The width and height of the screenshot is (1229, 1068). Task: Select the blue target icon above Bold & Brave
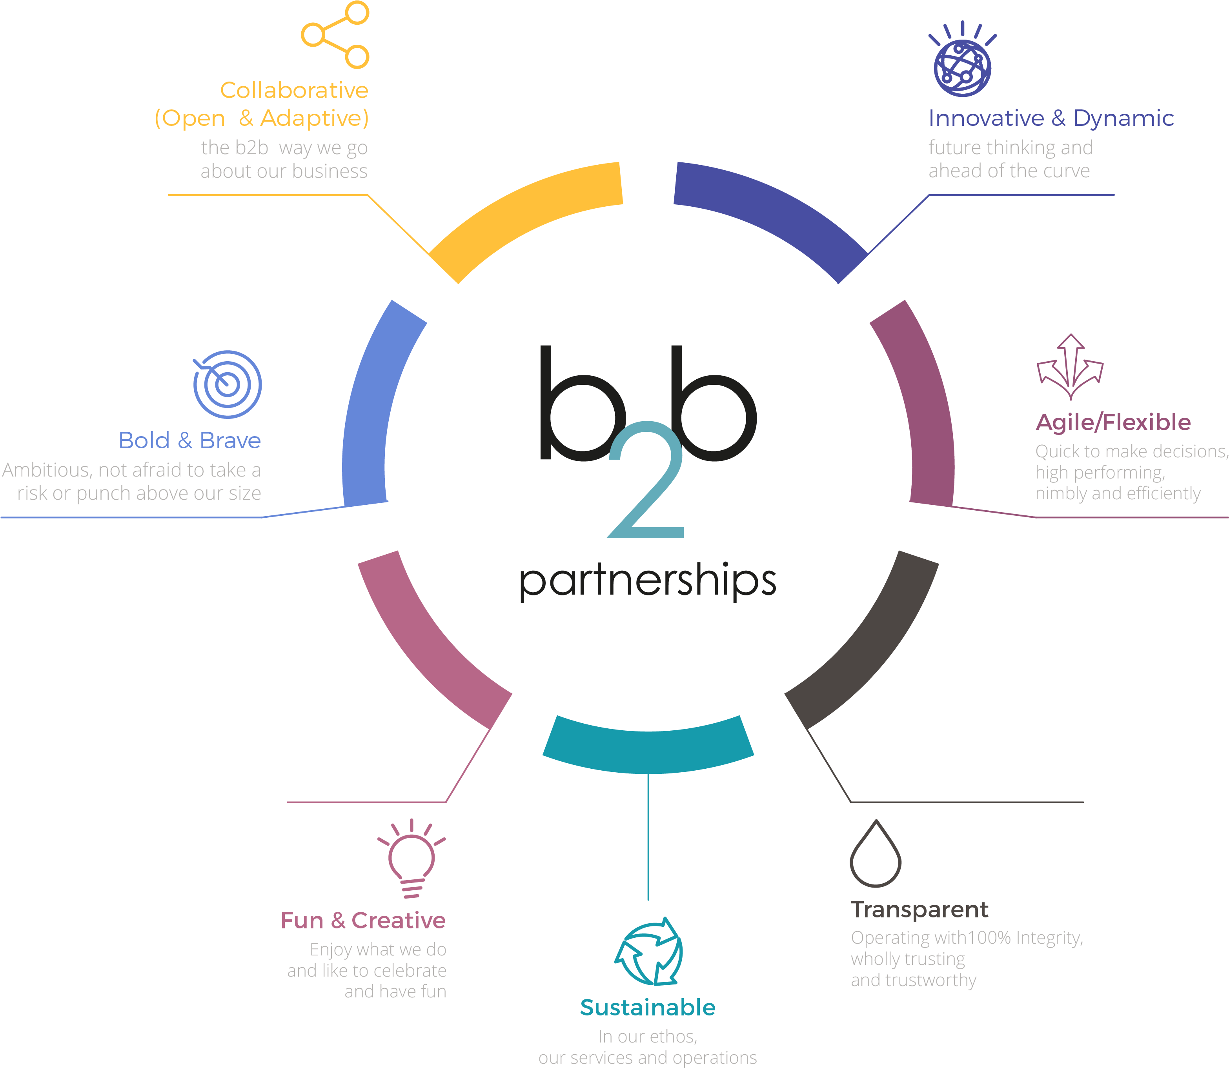227,384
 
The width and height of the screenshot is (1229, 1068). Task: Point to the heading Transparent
919,910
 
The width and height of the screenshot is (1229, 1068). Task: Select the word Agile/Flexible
1113,422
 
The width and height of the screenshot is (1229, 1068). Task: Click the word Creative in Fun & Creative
399,921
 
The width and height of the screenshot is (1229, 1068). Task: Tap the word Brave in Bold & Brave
230,441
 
